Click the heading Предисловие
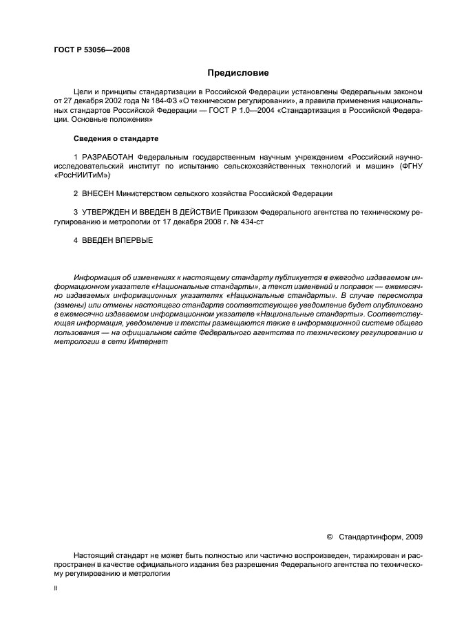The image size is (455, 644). point(238,72)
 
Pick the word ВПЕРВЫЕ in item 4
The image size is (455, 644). point(132,240)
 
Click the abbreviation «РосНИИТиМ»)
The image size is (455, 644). point(81,175)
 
